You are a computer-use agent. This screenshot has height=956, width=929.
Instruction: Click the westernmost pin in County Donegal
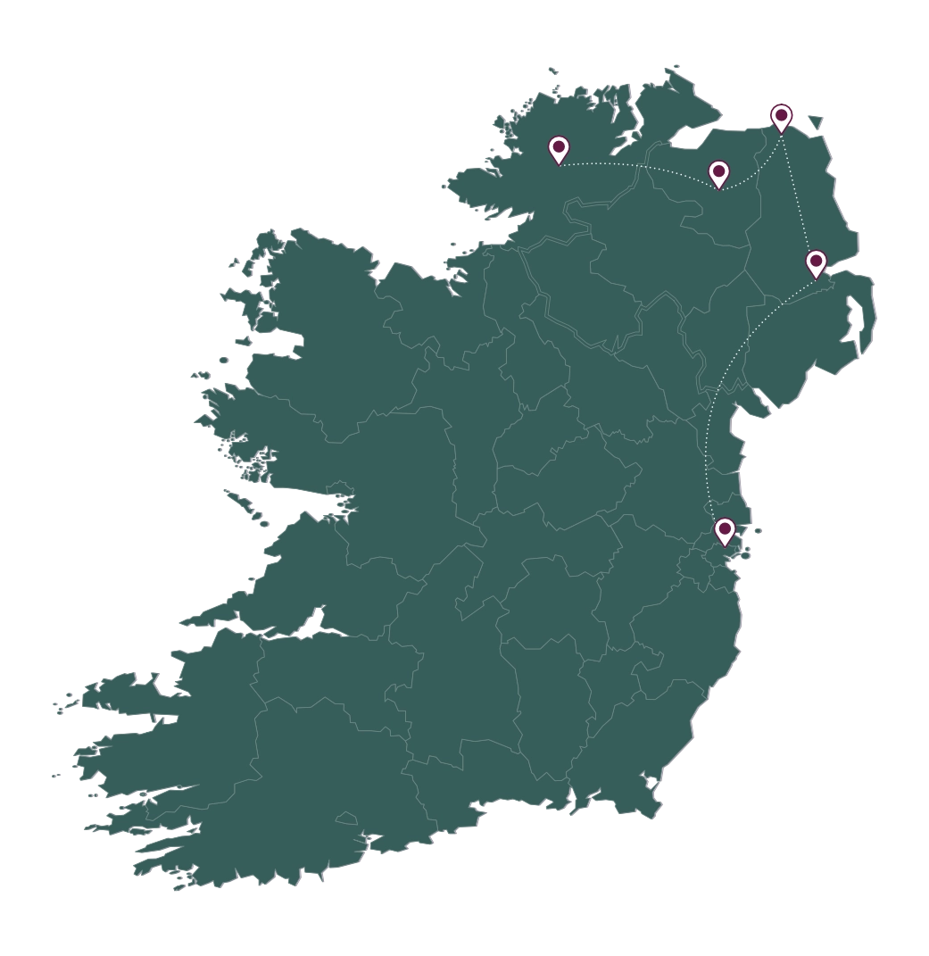559,149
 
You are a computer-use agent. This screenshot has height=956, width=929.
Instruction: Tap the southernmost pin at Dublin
725,531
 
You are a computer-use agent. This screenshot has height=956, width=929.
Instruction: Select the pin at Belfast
816,263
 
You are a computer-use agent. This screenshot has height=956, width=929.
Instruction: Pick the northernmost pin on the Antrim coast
781,117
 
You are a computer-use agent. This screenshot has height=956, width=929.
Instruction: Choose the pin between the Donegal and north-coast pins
718,173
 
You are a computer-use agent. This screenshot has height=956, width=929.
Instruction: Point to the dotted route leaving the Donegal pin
625,165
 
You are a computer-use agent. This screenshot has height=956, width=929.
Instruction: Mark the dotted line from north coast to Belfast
799,196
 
